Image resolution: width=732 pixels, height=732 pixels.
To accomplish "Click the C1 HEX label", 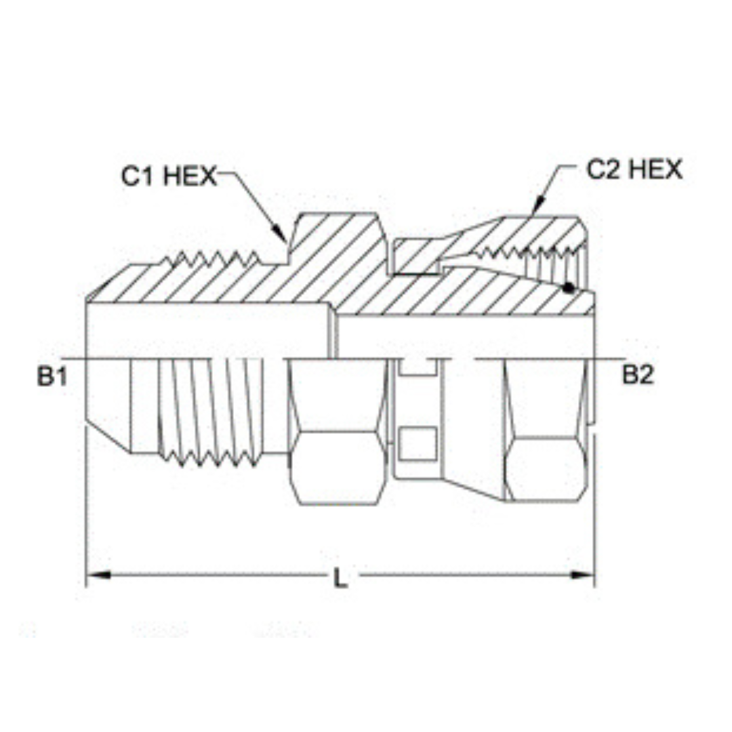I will [x=169, y=176].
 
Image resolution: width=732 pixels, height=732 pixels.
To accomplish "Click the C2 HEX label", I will [x=634, y=169].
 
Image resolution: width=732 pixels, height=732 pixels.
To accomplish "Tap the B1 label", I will [x=51, y=377].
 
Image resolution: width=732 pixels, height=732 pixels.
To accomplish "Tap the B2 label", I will [x=638, y=375].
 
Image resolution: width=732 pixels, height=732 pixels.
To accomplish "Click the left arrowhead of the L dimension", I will [x=99, y=575].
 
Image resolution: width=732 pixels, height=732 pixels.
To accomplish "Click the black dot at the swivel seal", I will [x=568, y=287].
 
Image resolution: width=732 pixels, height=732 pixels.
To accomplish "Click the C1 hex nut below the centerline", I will [x=337, y=434].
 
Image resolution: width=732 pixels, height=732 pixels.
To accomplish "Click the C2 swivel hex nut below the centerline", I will [x=546, y=434].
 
